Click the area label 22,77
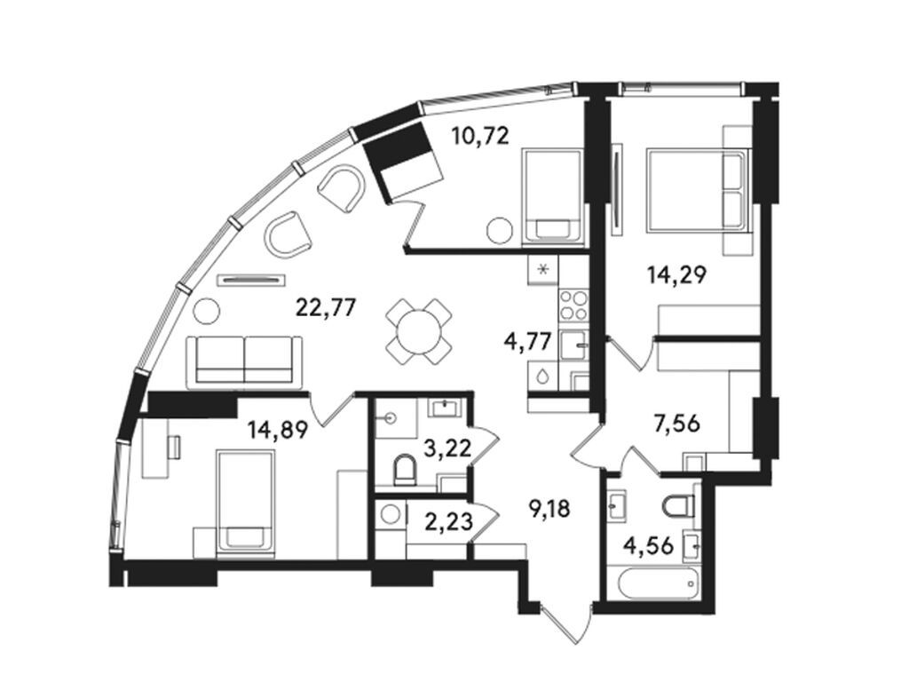coord(325,308)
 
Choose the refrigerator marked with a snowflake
coord(544,267)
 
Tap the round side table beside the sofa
coord(206,312)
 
